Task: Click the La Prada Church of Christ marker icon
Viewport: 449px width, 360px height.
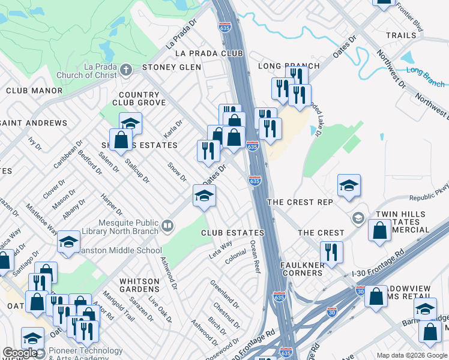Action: (x=126, y=70)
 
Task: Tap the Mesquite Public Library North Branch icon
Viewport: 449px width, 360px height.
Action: (x=167, y=226)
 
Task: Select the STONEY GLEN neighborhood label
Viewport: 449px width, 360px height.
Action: (x=171, y=67)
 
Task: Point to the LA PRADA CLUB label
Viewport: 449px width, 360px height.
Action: (x=208, y=53)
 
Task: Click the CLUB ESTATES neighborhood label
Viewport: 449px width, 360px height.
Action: (x=232, y=233)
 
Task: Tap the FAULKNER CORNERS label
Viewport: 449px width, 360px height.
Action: (x=301, y=268)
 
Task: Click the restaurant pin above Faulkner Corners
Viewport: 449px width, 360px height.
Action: (x=331, y=252)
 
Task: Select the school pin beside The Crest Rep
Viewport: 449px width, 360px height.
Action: (x=349, y=186)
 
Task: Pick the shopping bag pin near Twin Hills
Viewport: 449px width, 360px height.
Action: (x=380, y=230)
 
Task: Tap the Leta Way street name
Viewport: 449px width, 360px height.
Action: (x=220, y=248)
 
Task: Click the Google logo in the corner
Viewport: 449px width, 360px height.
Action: (x=20, y=353)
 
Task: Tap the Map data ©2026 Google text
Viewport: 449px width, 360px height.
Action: (x=411, y=355)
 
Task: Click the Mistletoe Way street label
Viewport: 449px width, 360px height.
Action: (x=41, y=218)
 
